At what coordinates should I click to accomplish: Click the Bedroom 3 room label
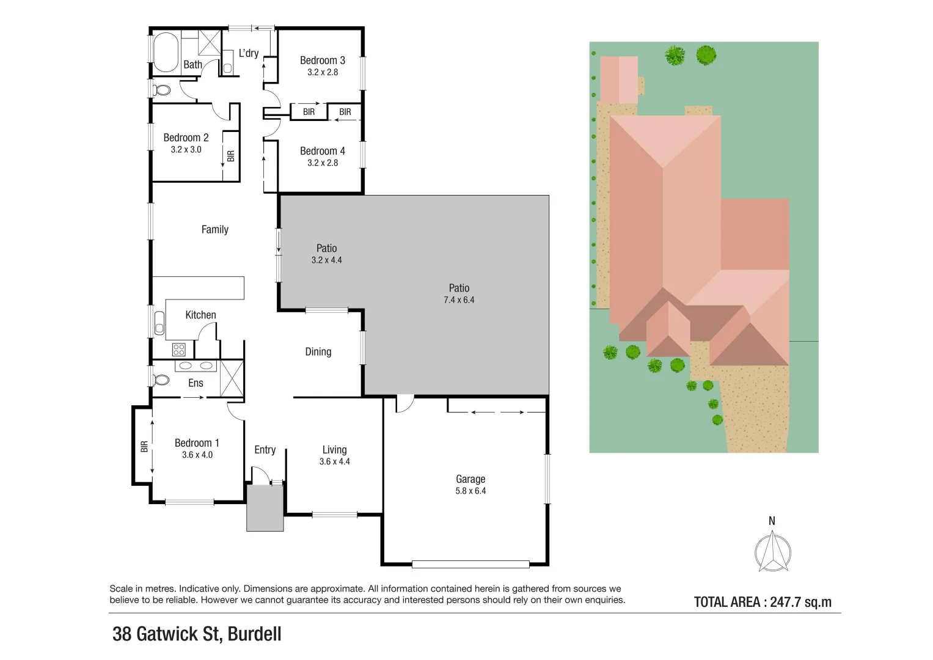click(x=322, y=61)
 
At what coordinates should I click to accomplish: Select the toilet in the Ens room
click(x=161, y=380)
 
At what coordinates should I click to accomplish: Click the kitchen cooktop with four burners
click(x=179, y=350)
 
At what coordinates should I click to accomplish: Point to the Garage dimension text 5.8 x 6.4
click(x=470, y=491)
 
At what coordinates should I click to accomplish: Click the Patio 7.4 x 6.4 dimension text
click(x=459, y=300)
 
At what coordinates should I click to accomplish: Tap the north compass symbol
click(x=772, y=551)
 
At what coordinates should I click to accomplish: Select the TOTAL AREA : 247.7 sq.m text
click(x=763, y=602)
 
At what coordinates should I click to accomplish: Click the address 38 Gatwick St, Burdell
click(x=197, y=634)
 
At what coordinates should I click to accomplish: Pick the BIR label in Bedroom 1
click(x=144, y=447)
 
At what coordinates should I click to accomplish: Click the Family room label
click(x=214, y=230)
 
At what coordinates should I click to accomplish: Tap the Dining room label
click(x=318, y=352)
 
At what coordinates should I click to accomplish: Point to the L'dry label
click(x=248, y=53)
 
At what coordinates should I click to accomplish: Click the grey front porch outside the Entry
click(x=265, y=508)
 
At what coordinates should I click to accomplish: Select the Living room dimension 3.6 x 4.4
click(x=334, y=461)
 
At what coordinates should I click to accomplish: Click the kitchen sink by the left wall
click(x=159, y=323)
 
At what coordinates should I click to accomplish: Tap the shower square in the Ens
click(x=232, y=379)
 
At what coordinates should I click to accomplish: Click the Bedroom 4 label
click(x=322, y=151)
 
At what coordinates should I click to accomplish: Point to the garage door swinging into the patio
click(x=404, y=403)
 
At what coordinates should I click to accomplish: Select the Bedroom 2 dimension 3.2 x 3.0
click(x=186, y=150)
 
